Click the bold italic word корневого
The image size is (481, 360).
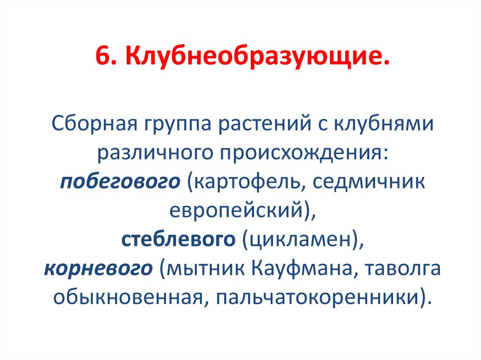[99, 269]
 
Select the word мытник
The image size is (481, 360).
[203, 269]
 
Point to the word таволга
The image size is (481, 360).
[404, 269]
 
